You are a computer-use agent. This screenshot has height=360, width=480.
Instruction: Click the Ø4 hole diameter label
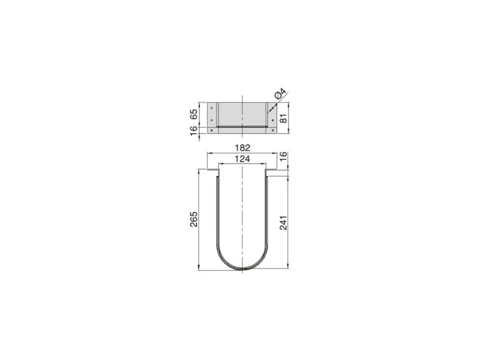coord(281,93)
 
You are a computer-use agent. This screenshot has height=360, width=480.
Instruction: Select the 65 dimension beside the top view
coord(194,115)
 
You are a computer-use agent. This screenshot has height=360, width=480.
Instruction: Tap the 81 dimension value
coord(284,118)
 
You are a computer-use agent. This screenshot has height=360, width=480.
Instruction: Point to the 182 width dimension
coord(242,148)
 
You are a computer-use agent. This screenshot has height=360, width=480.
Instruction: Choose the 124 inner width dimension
coord(242,159)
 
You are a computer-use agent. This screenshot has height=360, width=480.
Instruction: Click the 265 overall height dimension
coord(194,219)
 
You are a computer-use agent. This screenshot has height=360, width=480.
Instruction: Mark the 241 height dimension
coord(284,223)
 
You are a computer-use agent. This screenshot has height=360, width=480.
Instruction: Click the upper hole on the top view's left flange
coord(211,107)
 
